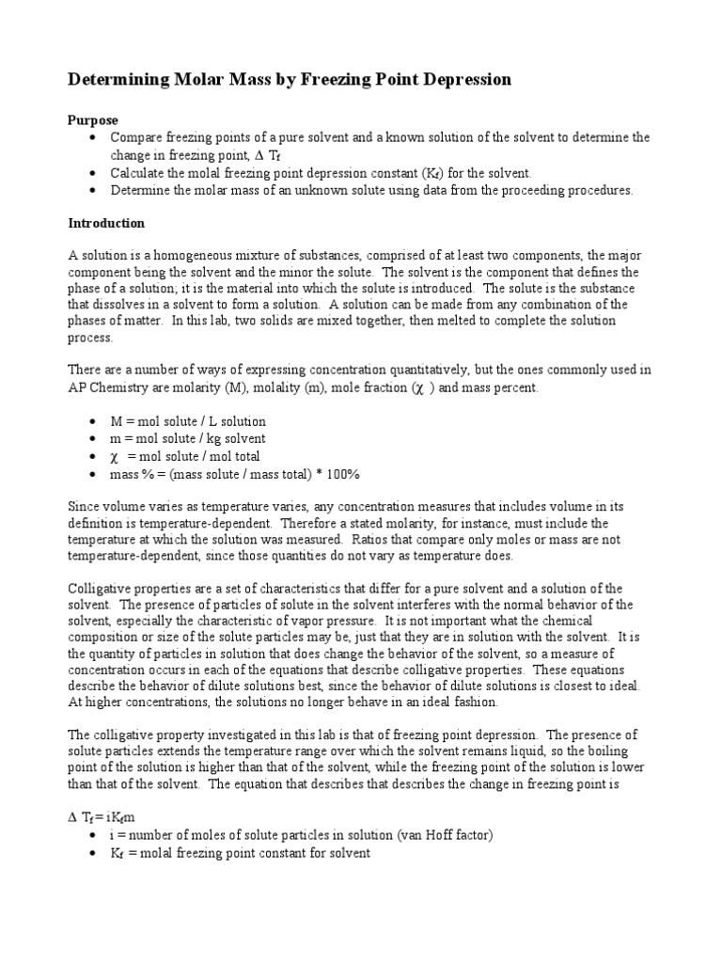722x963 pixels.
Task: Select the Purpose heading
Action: (93, 120)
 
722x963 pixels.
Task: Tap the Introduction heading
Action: (106, 223)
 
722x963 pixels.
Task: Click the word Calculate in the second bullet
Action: (138, 173)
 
